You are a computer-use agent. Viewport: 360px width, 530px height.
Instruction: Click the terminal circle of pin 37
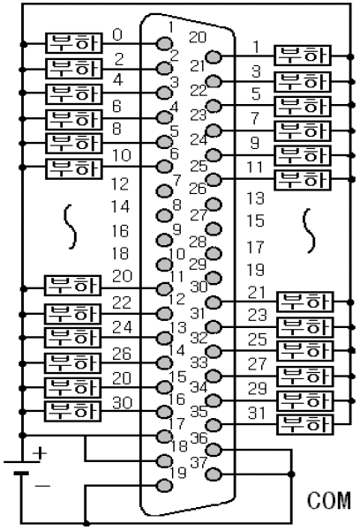coord(212,472)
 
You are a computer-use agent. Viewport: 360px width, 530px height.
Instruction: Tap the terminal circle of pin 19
coord(163,485)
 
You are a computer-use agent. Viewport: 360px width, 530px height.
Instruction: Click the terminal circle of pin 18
coord(163,459)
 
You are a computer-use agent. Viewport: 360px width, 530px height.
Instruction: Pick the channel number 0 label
coord(118,35)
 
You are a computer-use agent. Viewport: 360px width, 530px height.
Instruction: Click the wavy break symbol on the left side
coord(72,228)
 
